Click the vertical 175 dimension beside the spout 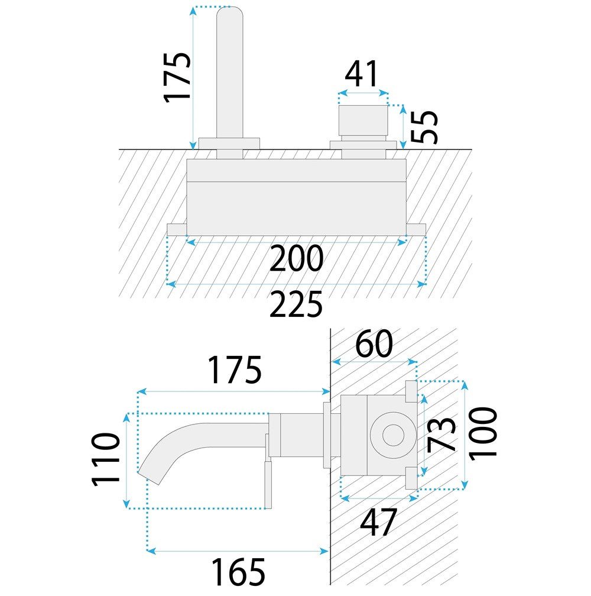tap(177, 77)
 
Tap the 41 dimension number tap(362, 74)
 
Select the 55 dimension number tap(425, 127)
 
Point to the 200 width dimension tap(296, 258)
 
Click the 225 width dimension tap(296, 304)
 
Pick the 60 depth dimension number tap(374, 344)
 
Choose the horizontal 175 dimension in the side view tap(235, 370)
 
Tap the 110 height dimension tap(106, 459)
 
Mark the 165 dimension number tap(238, 571)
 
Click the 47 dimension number tap(378, 522)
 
